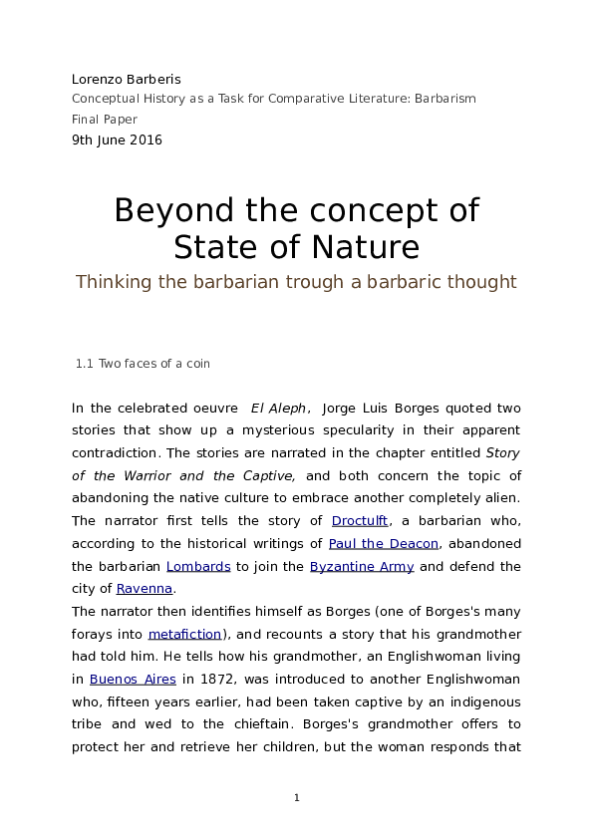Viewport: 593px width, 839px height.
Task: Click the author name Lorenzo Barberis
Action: (x=126, y=79)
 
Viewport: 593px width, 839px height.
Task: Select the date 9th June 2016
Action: (x=117, y=140)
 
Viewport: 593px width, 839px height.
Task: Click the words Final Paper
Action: (x=105, y=120)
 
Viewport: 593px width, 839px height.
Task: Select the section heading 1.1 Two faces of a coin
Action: (x=143, y=364)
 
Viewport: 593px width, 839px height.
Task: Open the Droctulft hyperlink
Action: (x=359, y=521)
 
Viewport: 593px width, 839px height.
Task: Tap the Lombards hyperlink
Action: (x=198, y=566)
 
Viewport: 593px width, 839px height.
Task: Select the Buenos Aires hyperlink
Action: (x=133, y=680)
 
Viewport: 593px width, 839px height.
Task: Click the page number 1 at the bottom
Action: (x=296, y=798)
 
